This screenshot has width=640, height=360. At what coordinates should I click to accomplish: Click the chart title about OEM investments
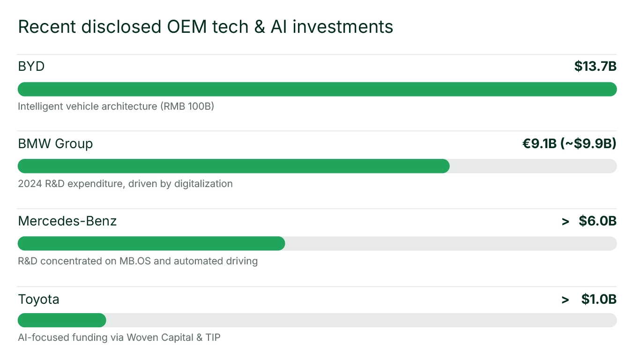[x=205, y=27]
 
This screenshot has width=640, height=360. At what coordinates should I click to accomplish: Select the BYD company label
[x=31, y=67]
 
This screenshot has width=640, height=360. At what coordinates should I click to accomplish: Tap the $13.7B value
[x=595, y=67]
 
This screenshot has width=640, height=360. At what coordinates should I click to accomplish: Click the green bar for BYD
[x=317, y=89]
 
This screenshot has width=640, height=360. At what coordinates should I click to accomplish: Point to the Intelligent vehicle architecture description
[x=116, y=106]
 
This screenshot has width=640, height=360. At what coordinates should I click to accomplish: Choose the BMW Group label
[x=55, y=143]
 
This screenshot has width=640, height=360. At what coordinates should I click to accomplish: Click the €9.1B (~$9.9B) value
[x=569, y=143]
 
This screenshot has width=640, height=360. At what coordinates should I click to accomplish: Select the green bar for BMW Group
[x=233, y=166]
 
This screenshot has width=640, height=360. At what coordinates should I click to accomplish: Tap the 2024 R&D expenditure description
[x=125, y=184]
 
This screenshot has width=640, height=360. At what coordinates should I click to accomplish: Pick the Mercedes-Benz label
[x=67, y=221]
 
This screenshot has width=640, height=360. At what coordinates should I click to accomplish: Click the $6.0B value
[x=597, y=221]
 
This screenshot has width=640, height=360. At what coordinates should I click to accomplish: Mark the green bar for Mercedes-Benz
[x=151, y=243]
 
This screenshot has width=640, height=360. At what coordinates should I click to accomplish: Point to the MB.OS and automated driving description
[x=138, y=261]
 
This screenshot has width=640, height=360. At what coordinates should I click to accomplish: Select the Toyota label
[x=38, y=299]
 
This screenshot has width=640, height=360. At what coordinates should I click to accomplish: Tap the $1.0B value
[x=599, y=299]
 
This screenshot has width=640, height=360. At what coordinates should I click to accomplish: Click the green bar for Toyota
[x=62, y=320]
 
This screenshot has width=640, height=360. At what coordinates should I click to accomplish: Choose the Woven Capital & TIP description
[x=119, y=337]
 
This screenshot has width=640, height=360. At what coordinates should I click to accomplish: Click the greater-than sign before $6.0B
[x=566, y=221]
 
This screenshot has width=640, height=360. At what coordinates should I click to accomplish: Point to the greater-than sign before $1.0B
[x=566, y=300]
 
